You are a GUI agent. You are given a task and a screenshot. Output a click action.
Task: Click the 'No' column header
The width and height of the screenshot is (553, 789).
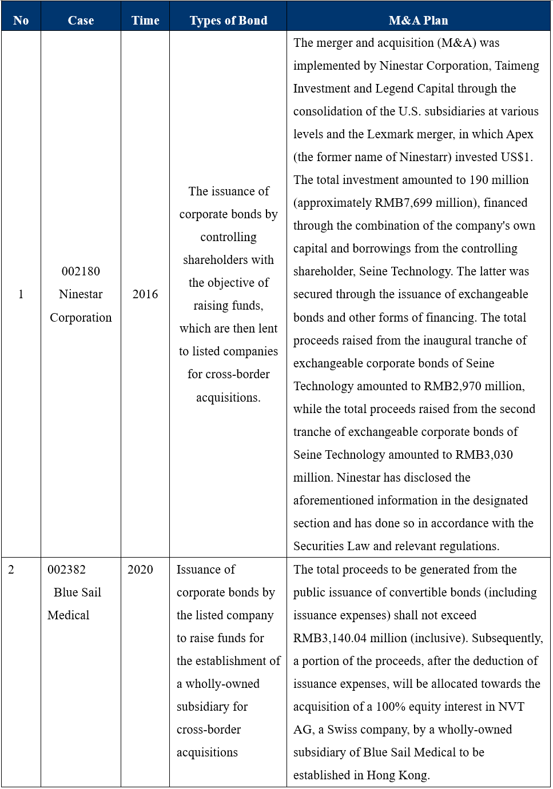click(21, 21)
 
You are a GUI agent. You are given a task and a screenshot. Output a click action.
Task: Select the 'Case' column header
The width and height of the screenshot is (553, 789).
click(81, 21)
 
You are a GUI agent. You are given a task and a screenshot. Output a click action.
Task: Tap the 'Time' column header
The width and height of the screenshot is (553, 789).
click(145, 21)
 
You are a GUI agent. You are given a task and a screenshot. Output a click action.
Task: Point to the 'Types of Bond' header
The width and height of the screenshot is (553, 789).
click(228, 21)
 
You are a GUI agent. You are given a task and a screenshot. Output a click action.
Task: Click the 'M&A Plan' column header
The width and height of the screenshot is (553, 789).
click(418, 21)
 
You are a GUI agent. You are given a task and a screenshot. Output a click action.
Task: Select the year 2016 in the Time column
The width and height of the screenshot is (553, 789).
click(145, 294)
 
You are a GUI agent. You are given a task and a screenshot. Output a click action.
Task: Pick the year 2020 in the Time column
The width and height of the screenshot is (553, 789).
click(140, 570)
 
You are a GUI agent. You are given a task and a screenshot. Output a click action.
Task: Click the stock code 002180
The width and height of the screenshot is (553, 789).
click(81, 271)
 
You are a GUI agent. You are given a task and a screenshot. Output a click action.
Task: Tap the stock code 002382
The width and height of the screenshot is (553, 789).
click(66, 570)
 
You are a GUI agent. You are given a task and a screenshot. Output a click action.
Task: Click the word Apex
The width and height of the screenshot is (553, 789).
click(520, 134)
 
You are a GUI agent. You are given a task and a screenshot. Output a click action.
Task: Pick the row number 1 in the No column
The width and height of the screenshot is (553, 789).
click(21, 294)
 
